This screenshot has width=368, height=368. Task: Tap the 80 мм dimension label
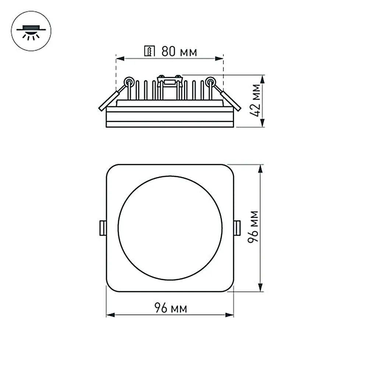tap(179, 52)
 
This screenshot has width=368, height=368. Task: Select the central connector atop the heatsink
tap(170, 81)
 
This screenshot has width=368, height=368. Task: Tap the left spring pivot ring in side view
tap(129, 81)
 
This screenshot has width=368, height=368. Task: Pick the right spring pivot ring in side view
tap(210, 81)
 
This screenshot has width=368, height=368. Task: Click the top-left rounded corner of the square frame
tap(110, 169)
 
